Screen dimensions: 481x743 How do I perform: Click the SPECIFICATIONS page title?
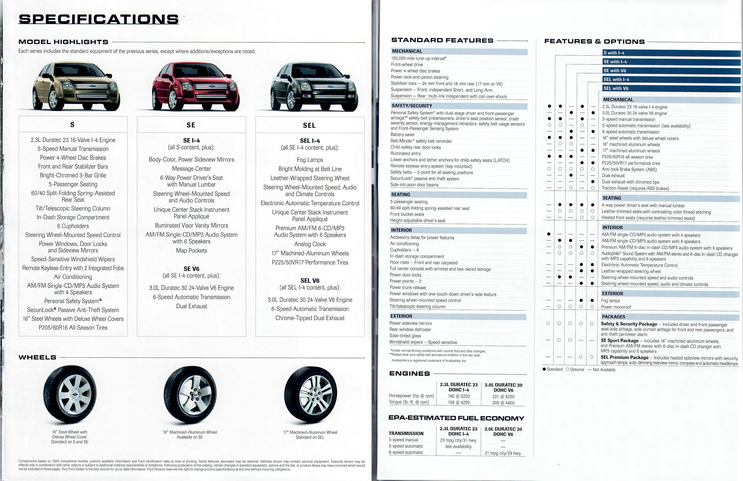[x=99, y=19]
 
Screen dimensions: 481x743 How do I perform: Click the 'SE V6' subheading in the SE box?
[x=191, y=269]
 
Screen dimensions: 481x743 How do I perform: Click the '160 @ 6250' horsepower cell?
[x=459, y=396]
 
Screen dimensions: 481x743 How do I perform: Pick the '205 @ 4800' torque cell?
[x=503, y=403]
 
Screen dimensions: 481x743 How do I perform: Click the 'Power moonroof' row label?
[x=616, y=307]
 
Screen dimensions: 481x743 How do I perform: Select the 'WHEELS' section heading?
[x=37, y=357]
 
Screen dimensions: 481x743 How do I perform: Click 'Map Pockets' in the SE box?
[x=191, y=251]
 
